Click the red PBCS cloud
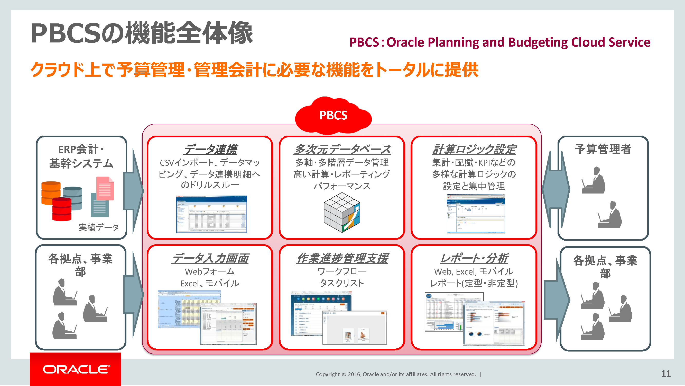(x=333, y=116)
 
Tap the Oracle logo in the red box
(x=76, y=370)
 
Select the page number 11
(x=665, y=373)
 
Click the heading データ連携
(x=210, y=150)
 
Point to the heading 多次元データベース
(x=342, y=150)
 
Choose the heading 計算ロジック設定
(x=474, y=150)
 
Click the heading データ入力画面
(x=210, y=258)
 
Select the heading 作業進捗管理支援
(x=342, y=258)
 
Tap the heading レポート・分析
(x=474, y=258)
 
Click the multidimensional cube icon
(x=342, y=212)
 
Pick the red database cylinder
(x=62, y=209)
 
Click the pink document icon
(x=105, y=188)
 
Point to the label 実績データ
(x=99, y=227)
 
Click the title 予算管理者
(x=603, y=149)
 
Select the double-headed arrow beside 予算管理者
(x=556, y=189)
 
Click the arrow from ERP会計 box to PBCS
(x=134, y=190)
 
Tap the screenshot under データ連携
(x=211, y=214)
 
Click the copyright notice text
(x=396, y=374)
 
